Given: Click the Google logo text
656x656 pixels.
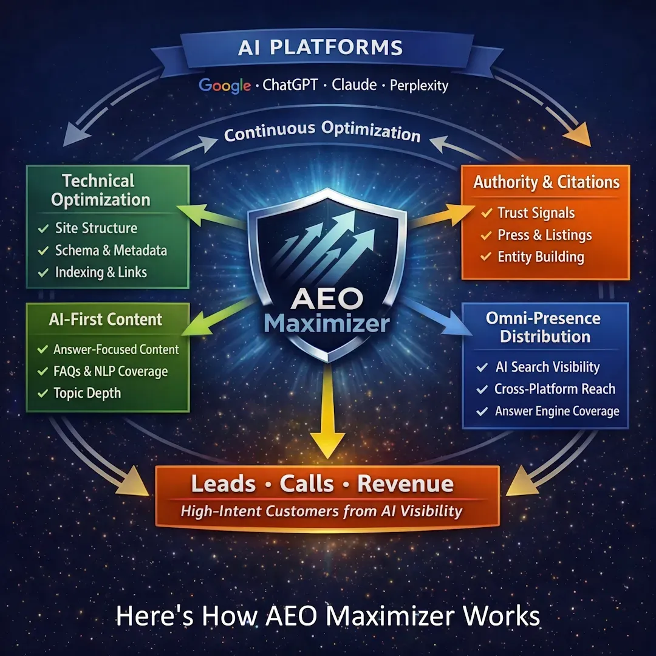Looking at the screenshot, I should (x=224, y=85).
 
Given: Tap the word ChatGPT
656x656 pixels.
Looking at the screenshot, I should (x=290, y=85).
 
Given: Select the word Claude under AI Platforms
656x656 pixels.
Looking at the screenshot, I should (x=354, y=84).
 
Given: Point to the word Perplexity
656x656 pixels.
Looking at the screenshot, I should (x=419, y=85).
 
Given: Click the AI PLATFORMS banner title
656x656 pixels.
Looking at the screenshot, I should (x=320, y=47).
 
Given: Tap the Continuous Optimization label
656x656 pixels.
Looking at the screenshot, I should (x=322, y=131).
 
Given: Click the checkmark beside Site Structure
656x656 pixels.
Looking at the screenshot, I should (x=43, y=229).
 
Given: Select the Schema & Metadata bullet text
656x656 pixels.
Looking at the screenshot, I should (x=111, y=250).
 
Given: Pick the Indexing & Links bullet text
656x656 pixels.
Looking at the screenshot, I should (x=101, y=272).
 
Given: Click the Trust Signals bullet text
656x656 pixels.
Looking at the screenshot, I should (x=536, y=213).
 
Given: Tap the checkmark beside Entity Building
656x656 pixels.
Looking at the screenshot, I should (x=485, y=257).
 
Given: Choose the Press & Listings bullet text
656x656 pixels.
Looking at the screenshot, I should (x=544, y=235).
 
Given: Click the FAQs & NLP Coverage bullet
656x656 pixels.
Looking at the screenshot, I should (x=111, y=371).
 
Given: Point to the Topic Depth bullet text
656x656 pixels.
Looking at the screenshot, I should (x=87, y=393).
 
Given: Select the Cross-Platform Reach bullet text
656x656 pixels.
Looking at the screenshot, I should (x=555, y=389).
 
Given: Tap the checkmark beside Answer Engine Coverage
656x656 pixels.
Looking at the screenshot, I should (x=482, y=411).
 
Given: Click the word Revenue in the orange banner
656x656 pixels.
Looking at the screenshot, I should (x=405, y=484).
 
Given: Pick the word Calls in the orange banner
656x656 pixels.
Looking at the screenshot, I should (x=307, y=484).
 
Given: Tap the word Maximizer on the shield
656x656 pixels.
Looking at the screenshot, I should (x=327, y=323).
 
